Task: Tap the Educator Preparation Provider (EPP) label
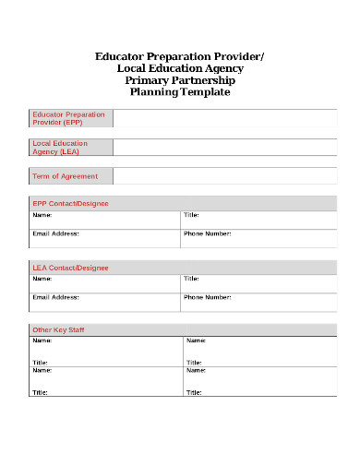pyautogui.click(x=68, y=118)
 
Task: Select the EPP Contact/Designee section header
pyautogui.click(x=70, y=203)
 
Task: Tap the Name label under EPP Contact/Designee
pyautogui.click(x=42, y=214)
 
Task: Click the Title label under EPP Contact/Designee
pyautogui.click(x=191, y=214)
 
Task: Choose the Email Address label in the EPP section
pyautogui.click(x=55, y=233)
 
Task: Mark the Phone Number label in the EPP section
pyautogui.click(x=207, y=233)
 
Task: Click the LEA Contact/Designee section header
pyautogui.click(x=70, y=268)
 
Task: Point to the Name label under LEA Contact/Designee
pyautogui.click(x=42, y=278)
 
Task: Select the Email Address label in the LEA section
pyautogui.click(x=55, y=297)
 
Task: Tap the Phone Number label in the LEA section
pyautogui.click(x=207, y=297)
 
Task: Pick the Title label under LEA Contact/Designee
pyautogui.click(x=191, y=278)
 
